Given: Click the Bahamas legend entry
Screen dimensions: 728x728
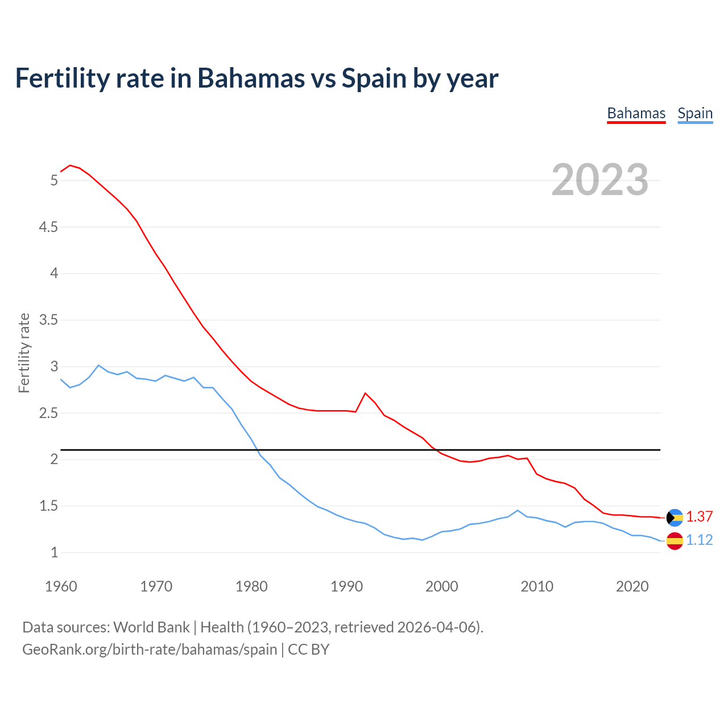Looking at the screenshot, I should tap(636, 114).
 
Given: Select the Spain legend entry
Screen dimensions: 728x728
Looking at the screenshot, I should tap(695, 114).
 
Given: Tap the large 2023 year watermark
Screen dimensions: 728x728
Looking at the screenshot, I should tap(599, 180).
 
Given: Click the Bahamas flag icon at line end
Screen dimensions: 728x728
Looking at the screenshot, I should tap(675, 517).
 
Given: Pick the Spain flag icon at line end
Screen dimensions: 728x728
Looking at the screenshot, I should tap(675, 540).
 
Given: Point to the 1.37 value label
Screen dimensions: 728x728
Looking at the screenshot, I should tap(699, 516).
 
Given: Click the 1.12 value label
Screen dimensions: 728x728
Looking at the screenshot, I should tap(699, 540).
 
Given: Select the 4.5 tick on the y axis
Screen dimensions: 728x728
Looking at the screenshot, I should tap(48, 227).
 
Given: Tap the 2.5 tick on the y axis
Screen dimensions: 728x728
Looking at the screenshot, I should tap(48, 413).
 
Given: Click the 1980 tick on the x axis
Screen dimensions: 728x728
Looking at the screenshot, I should tap(251, 586).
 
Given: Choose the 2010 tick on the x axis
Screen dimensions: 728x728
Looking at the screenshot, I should tap(537, 586).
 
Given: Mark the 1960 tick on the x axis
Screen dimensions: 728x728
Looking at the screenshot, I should tap(61, 586).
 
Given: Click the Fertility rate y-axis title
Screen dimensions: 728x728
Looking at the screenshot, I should tap(24, 353).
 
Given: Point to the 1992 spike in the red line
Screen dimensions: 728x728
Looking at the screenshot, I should tap(365, 393).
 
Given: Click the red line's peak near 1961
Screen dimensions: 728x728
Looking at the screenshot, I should tap(70, 166).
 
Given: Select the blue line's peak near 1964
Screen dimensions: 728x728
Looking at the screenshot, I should tap(98, 365).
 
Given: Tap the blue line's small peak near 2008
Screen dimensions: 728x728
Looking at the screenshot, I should tap(517, 510).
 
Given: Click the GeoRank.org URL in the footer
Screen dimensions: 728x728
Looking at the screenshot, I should tap(150, 650).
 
